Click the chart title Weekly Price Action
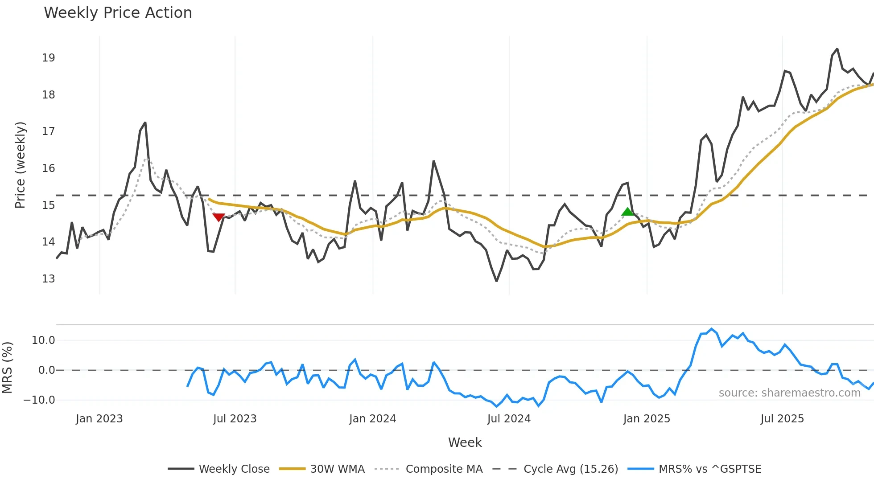click(118, 13)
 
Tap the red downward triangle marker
click(218, 217)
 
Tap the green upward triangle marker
click(627, 212)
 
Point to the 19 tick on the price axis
click(48, 58)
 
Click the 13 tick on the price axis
click(48, 279)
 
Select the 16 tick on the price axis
click(48, 168)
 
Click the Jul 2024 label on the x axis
click(509, 419)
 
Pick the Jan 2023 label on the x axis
click(99, 419)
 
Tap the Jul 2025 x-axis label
click(782, 419)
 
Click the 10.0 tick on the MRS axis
click(43, 340)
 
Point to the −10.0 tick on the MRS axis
click(39, 400)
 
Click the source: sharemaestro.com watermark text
click(789, 393)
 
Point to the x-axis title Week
click(465, 442)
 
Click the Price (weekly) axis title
click(20, 165)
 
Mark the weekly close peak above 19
click(837, 49)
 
